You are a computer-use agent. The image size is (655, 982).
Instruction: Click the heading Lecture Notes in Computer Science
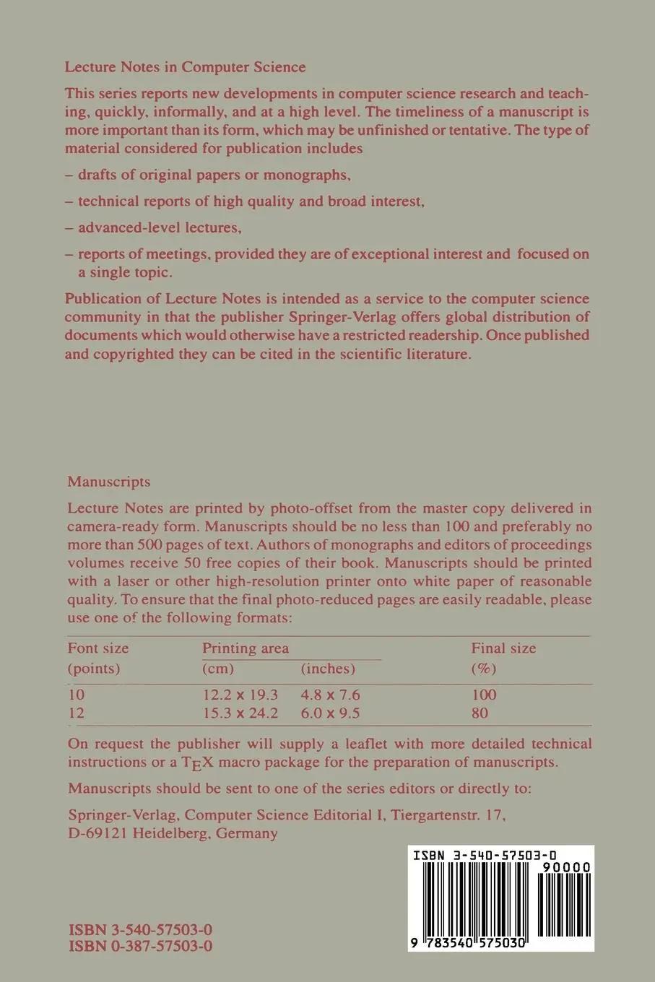pyautogui.click(x=185, y=67)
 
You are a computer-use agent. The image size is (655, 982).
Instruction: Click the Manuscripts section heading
pyautogui.click(x=109, y=482)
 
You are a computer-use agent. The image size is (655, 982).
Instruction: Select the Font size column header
pyautogui.click(x=98, y=648)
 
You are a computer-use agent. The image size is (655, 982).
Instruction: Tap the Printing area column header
pyautogui.click(x=246, y=648)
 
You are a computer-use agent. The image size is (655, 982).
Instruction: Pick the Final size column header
pyautogui.click(x=503, y=648)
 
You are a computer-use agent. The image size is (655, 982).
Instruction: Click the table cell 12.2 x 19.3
pyautogui.click(x=240, y=695)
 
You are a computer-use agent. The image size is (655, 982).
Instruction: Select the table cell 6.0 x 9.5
pyautogui.click(x=330, y=713)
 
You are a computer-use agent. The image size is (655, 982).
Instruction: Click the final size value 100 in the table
pyautogui.click(x=484, y=695)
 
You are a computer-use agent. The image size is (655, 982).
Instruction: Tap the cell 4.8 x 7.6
pyautogui.click(x=330, y=695)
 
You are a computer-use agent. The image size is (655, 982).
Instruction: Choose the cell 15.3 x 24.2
pyautogui.click(x=240, y=713)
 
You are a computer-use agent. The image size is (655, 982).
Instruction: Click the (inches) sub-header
pyautogui.click(x=328, y=668)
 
